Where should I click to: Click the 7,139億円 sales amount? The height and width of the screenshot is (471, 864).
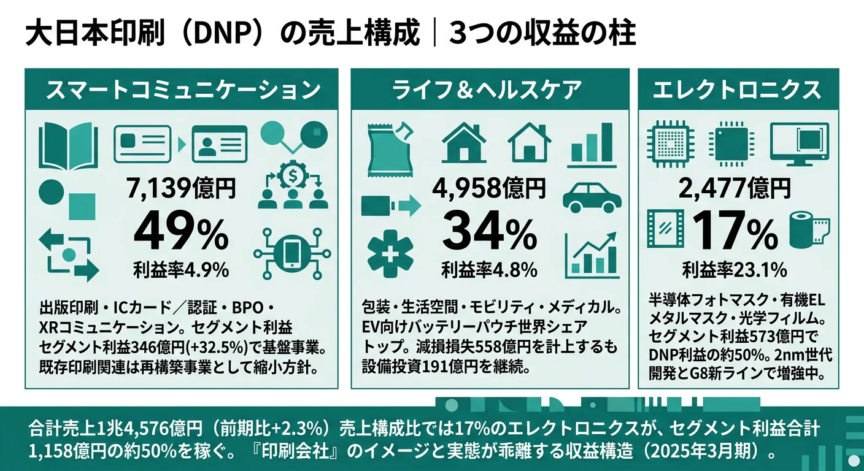pyautogui.click(x=180, y=188)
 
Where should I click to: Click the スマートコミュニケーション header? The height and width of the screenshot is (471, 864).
pyautogui.click(x=183, y=90)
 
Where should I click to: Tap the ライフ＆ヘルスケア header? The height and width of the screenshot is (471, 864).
pyautogui.click(x=489, y=90)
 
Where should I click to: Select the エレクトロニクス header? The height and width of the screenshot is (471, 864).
pyautogui.click(x=737, y=90)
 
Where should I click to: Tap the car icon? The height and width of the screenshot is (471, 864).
pyautogui.click(x=592, y=196)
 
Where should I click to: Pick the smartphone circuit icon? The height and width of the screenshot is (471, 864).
pyautogui.click(x=292, y=253)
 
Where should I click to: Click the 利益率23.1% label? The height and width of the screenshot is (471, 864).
pyautogui.click(x=735, y=269)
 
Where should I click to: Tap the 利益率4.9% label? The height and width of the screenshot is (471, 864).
pyautogui.click(x=180, y=269)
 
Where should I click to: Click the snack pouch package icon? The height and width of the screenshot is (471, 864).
pyautogui.click(x=390, y=148)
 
